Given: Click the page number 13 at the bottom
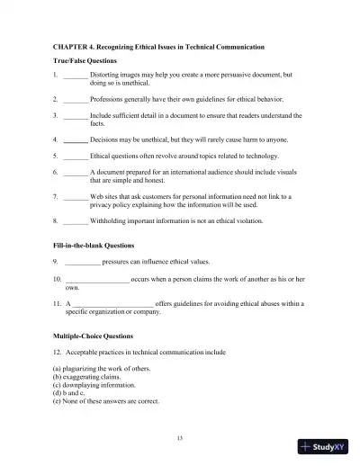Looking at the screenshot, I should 180,437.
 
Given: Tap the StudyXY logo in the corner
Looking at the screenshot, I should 327,447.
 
